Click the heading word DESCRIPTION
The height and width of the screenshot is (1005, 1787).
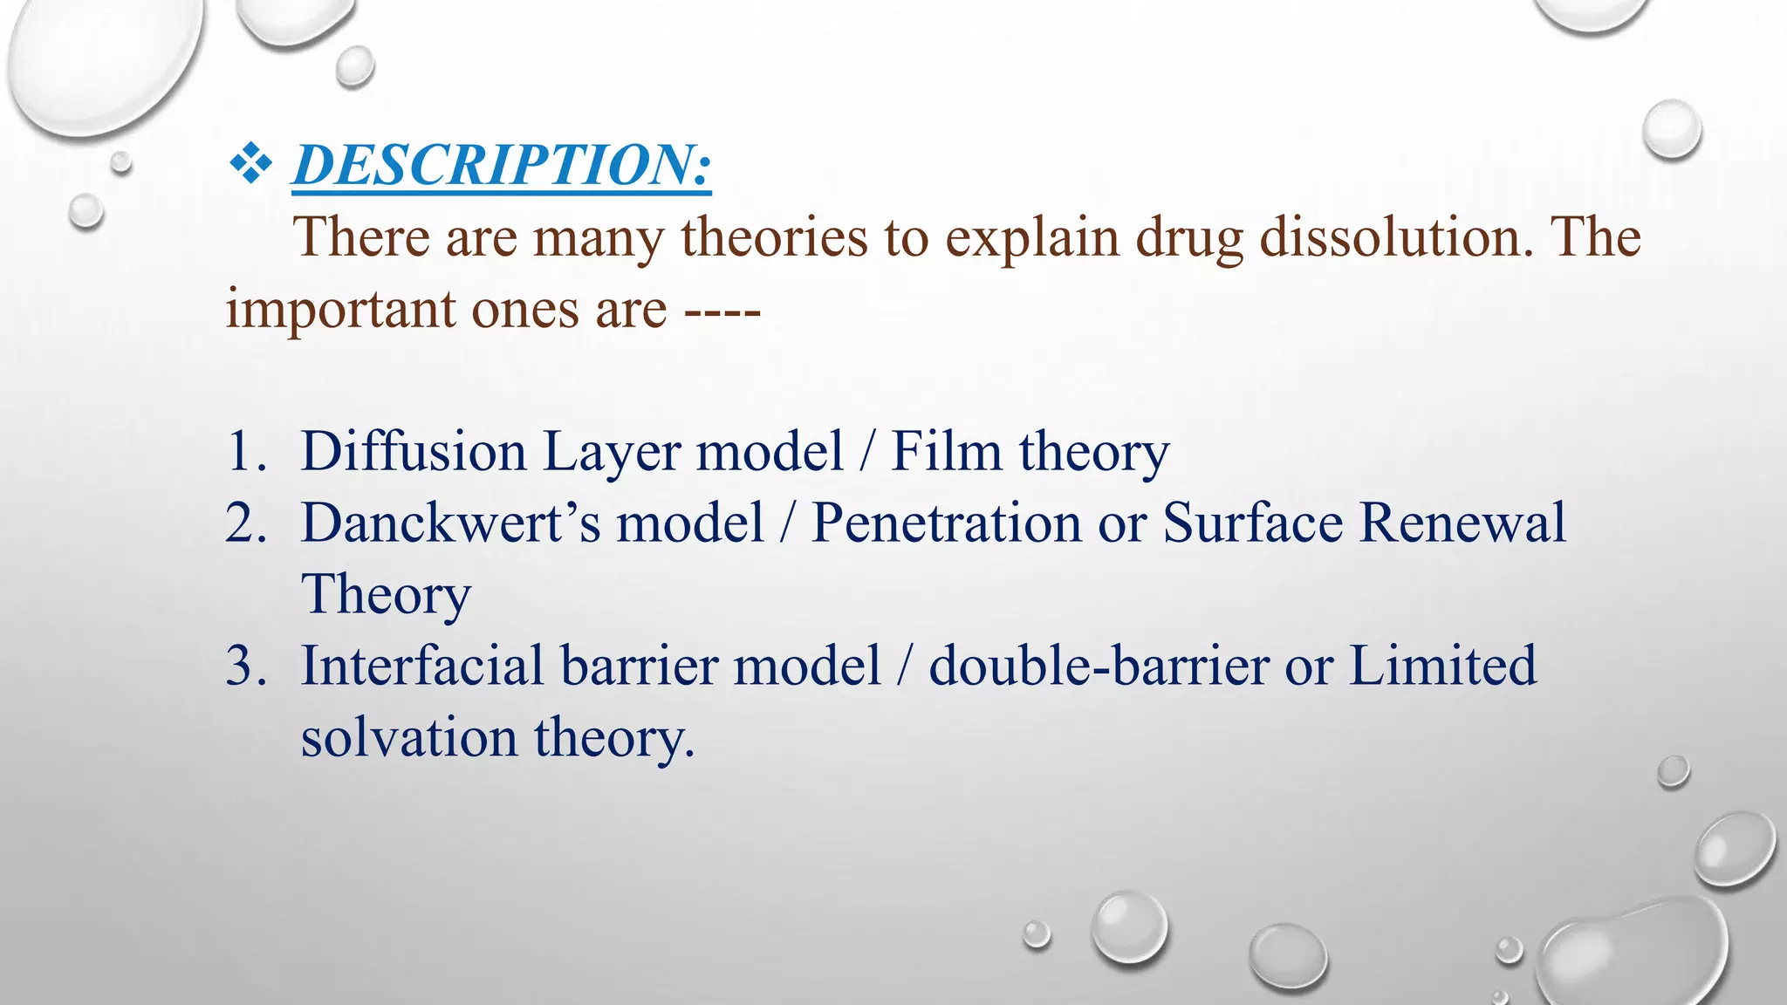pyautogui.click(x=502, y=165)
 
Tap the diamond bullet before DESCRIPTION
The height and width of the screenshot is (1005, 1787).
pyautogui.click(x=250, y=164)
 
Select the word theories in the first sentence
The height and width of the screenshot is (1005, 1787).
pyautogui.click(x=774, y=237)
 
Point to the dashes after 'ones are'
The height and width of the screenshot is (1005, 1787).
pyautogui.click(x=722, y=311)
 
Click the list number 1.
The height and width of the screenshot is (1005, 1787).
pyautogui.click(x=245, y=452)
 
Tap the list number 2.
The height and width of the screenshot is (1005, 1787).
pyautogui.click(x=245, y=523)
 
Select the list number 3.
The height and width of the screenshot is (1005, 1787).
pyautogui.click(x=245, y=667)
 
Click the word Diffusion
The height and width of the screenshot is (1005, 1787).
pyautogui.click(x=414, y=452)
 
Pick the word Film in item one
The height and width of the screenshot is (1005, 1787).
pyautogui.click(x=946, y=452)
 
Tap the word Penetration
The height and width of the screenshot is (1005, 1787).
pyautogui.click(x=946, y=523)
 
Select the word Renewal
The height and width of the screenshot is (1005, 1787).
pyautogui.click(x=1462, y=523)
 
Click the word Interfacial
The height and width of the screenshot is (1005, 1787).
pyautogui.click(x=422, y=667)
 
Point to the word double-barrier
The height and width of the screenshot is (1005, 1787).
pyautogui.click(x=1099, y=667)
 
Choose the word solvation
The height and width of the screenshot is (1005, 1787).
pyautogui.click(x=409, y=738)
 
